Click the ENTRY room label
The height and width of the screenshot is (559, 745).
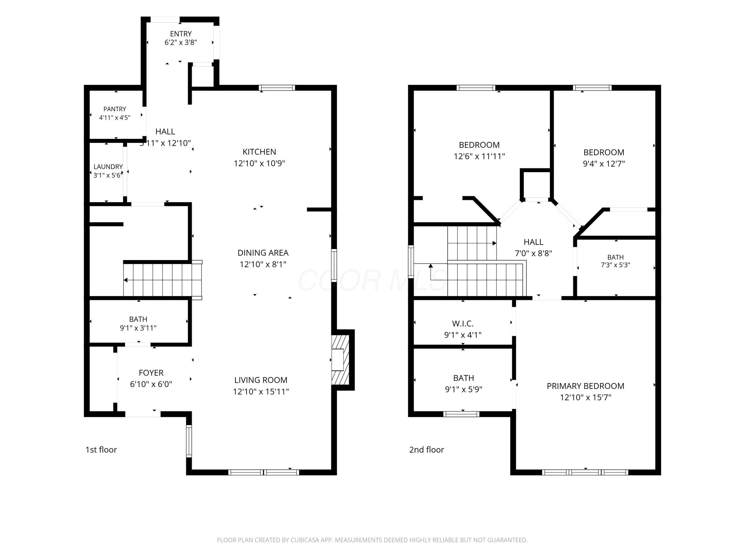point(181,34)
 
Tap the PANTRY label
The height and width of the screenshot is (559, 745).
point(114,109)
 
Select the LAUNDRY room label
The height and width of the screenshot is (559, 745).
point(108,167)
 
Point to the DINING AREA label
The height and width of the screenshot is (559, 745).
point(263,253)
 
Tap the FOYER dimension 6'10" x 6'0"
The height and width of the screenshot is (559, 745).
point(151,384)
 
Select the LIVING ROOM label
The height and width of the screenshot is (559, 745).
point(261,380)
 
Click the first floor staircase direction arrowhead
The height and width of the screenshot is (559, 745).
point(125,280)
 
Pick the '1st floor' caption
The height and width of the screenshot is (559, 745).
point(101,450)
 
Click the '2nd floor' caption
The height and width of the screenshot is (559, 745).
point(426,450)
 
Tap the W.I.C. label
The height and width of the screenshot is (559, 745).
point(463,324)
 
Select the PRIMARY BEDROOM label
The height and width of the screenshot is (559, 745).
point(585,386)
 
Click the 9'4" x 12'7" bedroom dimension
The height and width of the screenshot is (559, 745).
point(604,164)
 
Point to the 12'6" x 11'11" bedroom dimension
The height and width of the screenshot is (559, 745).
point(479,156)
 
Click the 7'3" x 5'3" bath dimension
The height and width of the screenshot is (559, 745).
point(615,265)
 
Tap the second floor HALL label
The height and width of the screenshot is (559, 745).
point(533,242)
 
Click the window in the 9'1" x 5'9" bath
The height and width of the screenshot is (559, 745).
point(461,414)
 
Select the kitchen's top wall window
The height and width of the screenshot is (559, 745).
point(277,88)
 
